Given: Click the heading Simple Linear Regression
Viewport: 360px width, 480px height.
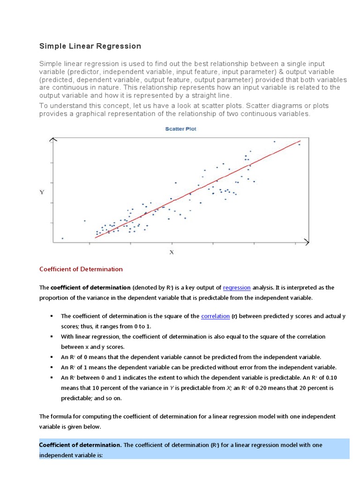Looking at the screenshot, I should [90, 46].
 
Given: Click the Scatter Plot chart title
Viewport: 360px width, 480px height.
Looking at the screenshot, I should [180, 129].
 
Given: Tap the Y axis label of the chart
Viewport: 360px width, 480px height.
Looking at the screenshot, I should [42, 192].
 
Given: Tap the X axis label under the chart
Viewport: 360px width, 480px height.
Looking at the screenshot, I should [172, 252].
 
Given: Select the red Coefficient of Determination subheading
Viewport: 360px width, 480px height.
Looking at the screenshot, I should [81, 269].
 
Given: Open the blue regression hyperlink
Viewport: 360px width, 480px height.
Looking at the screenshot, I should [237, 287].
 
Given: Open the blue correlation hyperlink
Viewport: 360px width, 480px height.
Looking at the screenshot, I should [215, 316].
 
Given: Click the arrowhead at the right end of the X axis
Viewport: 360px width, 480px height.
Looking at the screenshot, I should [307, 242].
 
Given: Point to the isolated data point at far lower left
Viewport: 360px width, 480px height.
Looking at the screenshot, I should [62, 238].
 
